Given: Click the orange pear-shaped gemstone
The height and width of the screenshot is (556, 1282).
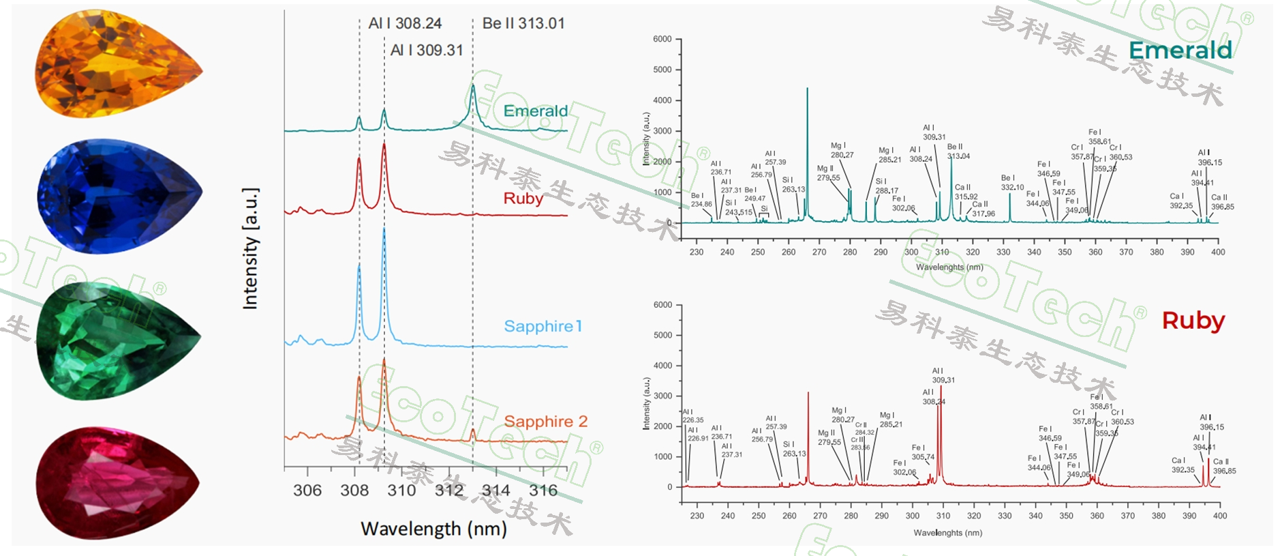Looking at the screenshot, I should point(117,65).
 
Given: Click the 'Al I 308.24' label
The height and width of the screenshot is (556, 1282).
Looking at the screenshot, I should point(405,23).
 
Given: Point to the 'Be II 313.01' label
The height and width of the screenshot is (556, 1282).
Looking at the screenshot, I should point(523,23).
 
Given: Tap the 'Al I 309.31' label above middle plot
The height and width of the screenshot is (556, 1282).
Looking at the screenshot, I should point(427,50).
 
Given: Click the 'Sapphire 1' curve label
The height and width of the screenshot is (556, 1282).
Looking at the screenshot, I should point(543,326).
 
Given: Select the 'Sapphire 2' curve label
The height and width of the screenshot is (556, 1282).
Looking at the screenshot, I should point(545,422).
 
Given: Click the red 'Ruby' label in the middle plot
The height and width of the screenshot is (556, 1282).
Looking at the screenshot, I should point(523,199).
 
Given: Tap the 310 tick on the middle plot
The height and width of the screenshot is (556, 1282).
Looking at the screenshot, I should point(401,491).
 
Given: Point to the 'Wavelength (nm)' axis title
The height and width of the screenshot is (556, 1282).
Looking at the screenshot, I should point(433,529).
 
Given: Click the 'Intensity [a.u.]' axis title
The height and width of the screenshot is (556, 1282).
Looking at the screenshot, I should point(250,248).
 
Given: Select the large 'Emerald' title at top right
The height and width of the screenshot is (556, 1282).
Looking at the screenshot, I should point(1180,50).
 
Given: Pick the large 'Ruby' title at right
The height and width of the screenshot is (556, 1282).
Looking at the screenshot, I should point(1193,321).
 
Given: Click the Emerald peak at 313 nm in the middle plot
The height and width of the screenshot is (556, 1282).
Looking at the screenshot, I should point(472,87).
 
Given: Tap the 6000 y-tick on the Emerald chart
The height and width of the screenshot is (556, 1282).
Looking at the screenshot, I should point(662,39).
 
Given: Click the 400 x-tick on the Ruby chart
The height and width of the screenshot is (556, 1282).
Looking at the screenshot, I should point(1219,516).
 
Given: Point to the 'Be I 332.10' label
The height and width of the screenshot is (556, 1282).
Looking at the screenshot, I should point(1012,183).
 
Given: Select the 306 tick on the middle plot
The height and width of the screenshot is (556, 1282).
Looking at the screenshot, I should point(307,491).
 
